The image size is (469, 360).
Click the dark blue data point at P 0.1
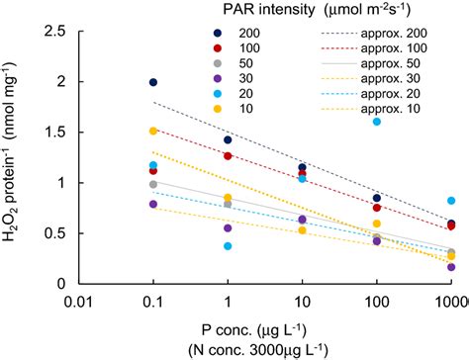pos(153,82)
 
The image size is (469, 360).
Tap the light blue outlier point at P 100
pos(377,122)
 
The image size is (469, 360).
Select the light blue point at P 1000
pos(451,201)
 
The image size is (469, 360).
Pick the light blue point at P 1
pos(228,246)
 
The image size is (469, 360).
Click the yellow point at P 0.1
pos(153,131)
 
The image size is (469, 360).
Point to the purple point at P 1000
pos(451,267)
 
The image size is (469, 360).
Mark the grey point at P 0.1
pos(153,184)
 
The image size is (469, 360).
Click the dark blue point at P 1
pos(228,139)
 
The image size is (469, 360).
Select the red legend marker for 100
pos(218,48)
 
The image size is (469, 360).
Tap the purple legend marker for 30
pos(218,78)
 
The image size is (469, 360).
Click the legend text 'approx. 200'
pos(394,34)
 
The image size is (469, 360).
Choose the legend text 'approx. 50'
pos(390,63)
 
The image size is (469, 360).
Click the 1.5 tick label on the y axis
pos(63,133)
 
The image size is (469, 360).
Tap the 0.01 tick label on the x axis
pos(78,302)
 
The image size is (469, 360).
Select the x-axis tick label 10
pos(302,302)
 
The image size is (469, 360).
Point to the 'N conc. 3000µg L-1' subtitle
pos(257,349)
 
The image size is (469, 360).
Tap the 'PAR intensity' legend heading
pos(269,10)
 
